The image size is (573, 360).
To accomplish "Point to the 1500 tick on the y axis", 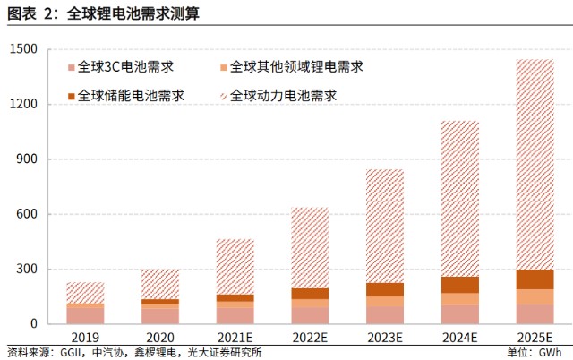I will [24, 49].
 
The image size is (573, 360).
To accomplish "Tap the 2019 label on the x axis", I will [85, 338].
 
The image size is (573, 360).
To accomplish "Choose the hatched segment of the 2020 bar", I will [160, 284].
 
